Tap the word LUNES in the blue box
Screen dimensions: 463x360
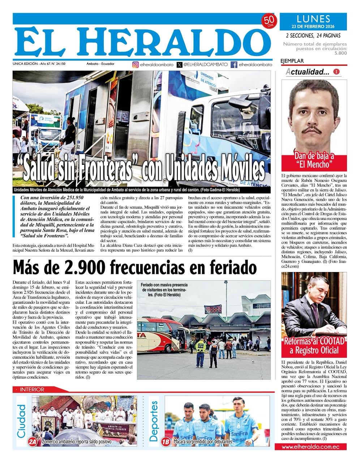click(313, 18)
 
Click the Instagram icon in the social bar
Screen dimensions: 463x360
click(136, 65)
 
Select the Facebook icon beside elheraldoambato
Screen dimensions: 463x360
click(234, 65)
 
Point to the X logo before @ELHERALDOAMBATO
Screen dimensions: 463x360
click(180, 65)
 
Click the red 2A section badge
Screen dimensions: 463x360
click(33, 442)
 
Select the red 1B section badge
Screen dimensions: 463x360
click(166, 442)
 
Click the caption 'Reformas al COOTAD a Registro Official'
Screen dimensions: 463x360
click(314, 345)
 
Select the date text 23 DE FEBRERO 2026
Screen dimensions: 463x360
click(313, 26)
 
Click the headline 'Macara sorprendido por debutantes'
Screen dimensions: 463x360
click(202, 442)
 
